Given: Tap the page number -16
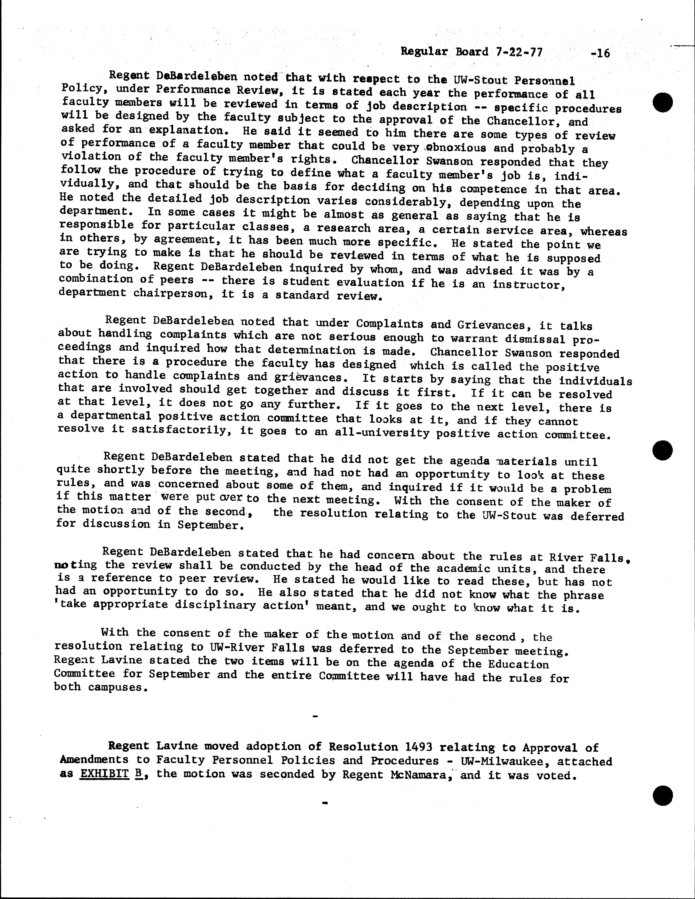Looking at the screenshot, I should click(x=599, y=53).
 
